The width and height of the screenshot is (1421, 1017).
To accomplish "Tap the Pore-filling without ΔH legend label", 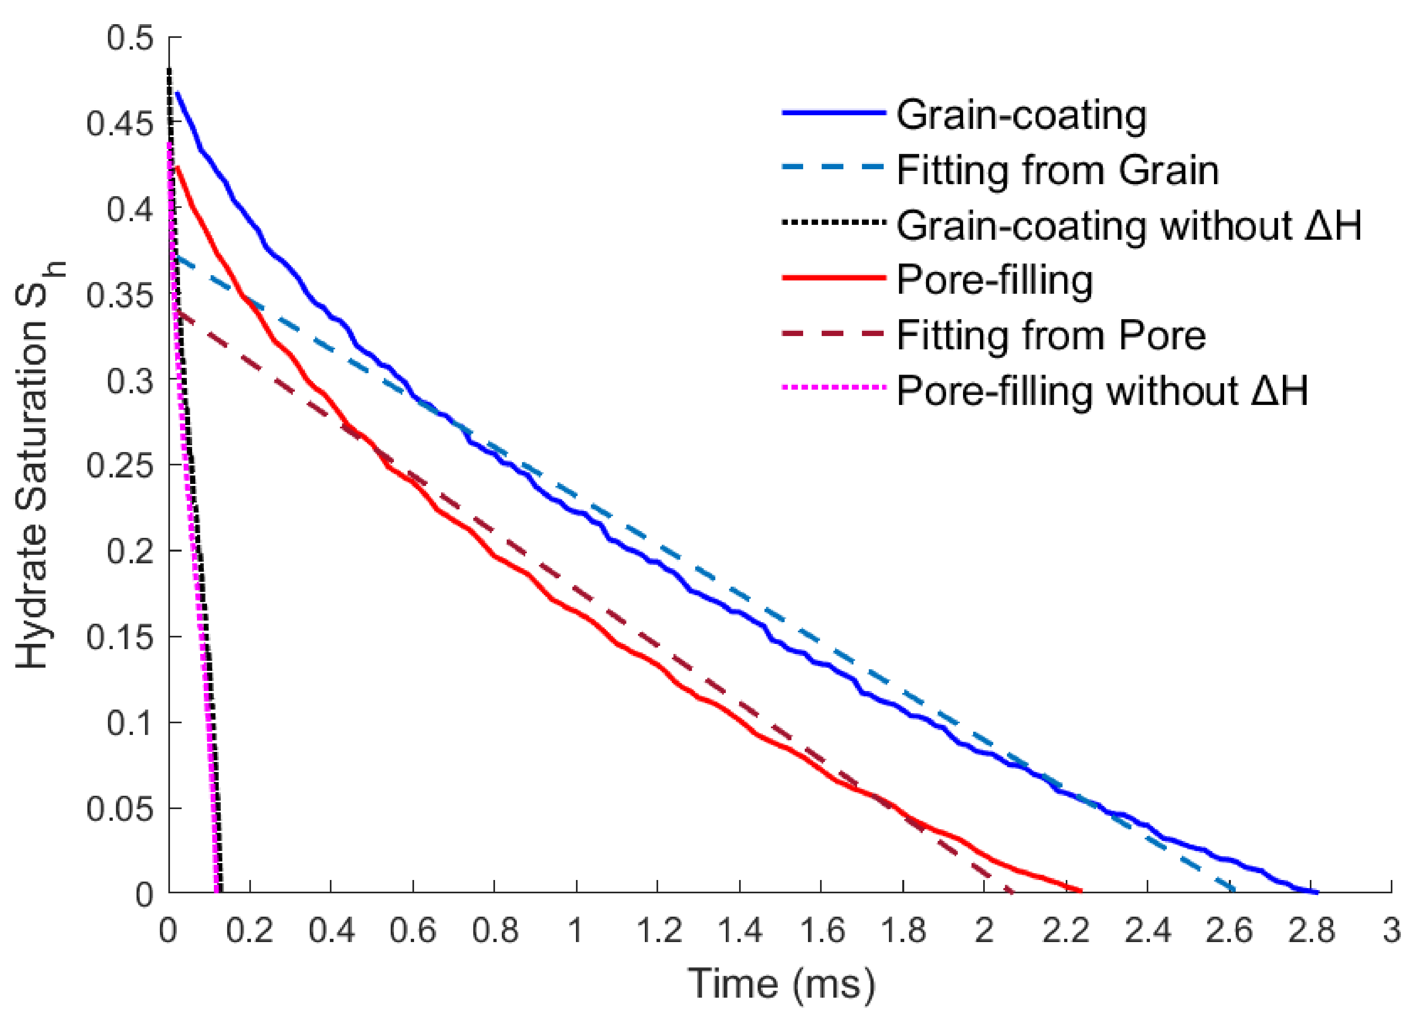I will click(1102, 391).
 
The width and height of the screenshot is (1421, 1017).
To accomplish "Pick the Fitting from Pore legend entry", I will click(1051, 336).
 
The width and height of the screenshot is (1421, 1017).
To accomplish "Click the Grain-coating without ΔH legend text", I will click(1129, 226).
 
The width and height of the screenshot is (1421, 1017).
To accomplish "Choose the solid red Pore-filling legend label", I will click(995, 280).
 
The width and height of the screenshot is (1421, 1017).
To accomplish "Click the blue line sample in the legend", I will click(833, 113).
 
